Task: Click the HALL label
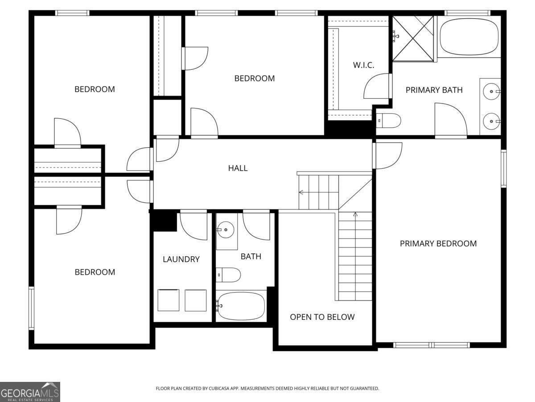point(238,168)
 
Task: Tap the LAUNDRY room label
point(181,259)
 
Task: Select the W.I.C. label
point(363,65)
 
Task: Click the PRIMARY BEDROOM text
point(438,243)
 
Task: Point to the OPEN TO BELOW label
point(322,317)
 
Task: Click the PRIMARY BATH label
point(434,90)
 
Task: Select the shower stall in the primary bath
point(413,38)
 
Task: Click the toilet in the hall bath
point(228,275)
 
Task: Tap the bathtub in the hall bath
point(241,306)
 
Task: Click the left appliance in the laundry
point(169,300)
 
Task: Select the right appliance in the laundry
point(196,300)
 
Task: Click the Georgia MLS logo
point(30,392)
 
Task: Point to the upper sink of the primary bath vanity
point(491,91)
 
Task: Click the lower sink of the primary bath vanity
point(491,121)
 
